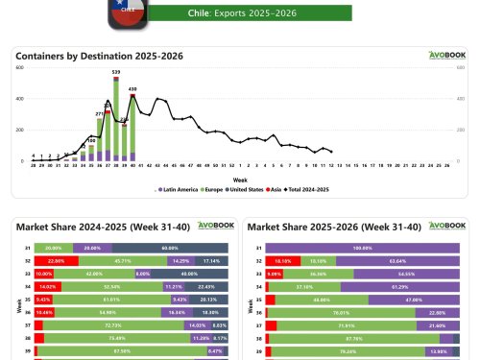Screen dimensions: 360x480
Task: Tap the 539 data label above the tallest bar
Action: click(x=116, y=72)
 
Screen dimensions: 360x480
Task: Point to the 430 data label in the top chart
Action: click(x=133, y=89)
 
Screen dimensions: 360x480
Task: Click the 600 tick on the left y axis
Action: click(x=20, y=67)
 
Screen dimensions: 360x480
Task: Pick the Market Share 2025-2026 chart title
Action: click(x=311, y=227)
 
